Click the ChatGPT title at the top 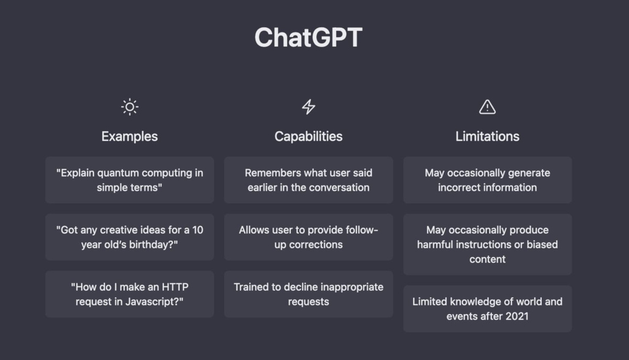click(308, 38)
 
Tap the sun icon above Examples click(129, 107)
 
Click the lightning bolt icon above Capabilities click(309, 107)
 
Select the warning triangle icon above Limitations click(487, 107)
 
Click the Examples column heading click(129, 136)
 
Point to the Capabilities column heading click(308, 136)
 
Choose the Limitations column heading click(487, 136)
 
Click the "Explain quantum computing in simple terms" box click(129, 180)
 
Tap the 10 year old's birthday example click(129, 237)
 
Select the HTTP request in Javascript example click(129, 294)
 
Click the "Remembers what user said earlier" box click(308, 180)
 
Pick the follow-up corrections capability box click(308, 237)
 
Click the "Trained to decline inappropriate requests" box click(308, 294)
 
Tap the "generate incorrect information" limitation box click(487, 180)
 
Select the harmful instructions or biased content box click(487, 244)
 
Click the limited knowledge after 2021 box click(487, 309)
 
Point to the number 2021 click(516, 316)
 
